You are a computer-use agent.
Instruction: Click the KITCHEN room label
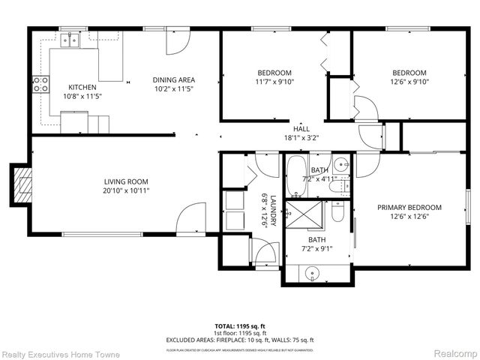pos(82,87)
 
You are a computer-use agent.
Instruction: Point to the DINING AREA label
pos(173,80)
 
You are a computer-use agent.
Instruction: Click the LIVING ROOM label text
pos(125,181)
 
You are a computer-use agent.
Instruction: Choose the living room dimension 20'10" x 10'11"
pos(125,191)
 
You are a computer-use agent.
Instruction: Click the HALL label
pos(280,129)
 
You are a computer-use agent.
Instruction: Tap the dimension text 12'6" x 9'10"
pos(409,82)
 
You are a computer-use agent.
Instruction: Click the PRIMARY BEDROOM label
pos(409,208)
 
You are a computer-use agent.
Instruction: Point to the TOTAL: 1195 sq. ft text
pos(239,327)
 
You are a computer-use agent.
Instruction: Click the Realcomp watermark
pos(451,353)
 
